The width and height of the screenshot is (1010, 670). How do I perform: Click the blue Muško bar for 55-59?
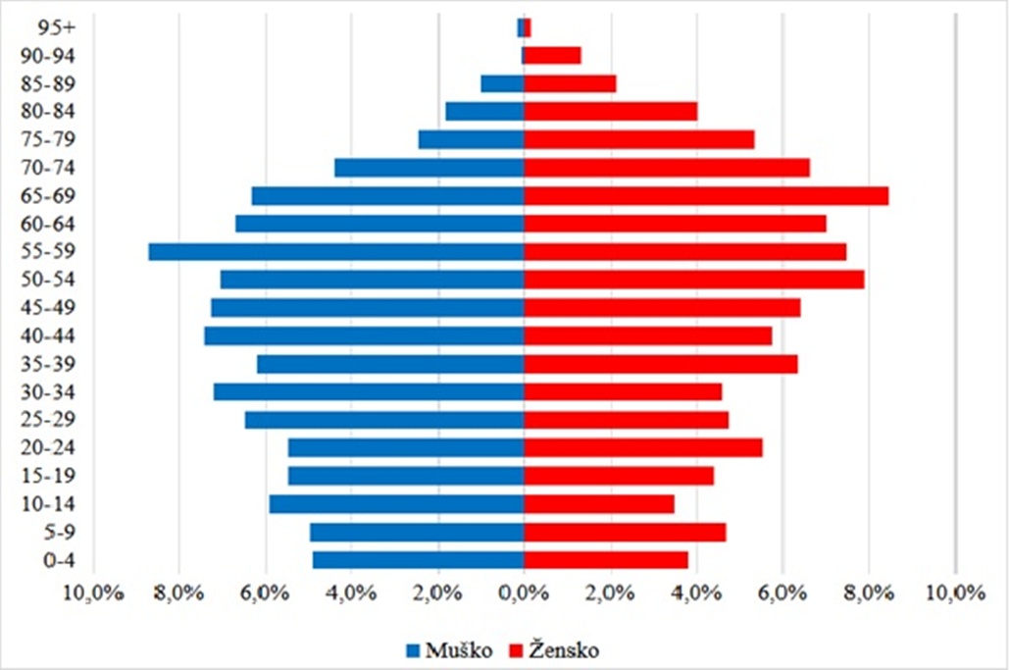(x=336, y=252)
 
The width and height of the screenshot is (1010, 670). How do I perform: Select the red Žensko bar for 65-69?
(x=706, y=196)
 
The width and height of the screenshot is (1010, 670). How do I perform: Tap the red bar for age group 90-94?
(x=552, y=55)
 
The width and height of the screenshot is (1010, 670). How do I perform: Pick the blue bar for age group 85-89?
(x=502, y=83)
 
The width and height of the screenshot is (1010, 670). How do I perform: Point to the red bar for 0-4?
(x=606, y=560)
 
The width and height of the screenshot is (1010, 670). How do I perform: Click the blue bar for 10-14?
(x=396, y=504)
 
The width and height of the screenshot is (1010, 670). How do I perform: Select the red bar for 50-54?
(x=694, y=280)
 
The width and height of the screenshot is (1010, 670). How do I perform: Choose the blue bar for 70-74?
(x=429, y=168)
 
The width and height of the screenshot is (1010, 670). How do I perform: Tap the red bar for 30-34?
(x=623, y=391)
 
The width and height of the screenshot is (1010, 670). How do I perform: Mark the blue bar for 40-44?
(x=364, y=335)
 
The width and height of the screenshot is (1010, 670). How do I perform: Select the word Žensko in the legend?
(x=561, y=649)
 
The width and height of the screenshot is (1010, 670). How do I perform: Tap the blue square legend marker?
(x=414, y=650)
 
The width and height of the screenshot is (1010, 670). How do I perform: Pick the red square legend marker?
(x=514, y=650)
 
